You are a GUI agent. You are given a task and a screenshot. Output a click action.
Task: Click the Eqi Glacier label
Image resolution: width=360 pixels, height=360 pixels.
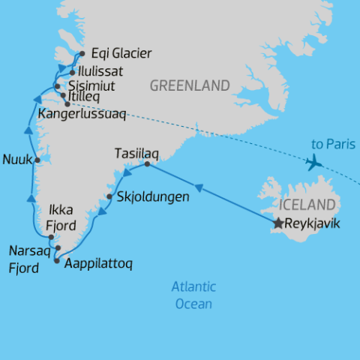tap(121, 53)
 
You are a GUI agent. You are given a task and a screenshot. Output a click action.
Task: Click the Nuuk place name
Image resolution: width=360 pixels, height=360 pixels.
tap(16, 160)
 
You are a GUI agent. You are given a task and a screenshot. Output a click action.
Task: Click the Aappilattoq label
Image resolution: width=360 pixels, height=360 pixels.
tap(95, 265)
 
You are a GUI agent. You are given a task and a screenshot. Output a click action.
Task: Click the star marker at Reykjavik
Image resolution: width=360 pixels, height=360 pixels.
tap(279, 223)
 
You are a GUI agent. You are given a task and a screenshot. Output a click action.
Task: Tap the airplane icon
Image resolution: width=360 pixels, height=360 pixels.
tap(314, 163)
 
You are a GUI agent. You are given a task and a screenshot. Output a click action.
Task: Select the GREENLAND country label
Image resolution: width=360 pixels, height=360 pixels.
tap(190, 86)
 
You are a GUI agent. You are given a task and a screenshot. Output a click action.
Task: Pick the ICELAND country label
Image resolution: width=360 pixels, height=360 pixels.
tap(306, 205)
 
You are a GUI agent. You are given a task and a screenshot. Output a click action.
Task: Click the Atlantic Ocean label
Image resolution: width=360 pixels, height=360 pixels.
tap(193, 295)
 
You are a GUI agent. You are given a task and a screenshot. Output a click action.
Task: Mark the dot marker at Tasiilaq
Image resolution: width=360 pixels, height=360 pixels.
tap(147, 164)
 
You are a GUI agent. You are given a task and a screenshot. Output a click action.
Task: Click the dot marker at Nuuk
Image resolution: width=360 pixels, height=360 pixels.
tap(37, 160)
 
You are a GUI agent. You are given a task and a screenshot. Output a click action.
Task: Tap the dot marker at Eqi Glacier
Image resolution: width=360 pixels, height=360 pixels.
tap(82, 53)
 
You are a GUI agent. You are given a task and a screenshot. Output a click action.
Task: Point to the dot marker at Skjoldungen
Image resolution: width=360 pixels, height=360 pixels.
tap(109, 197)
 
